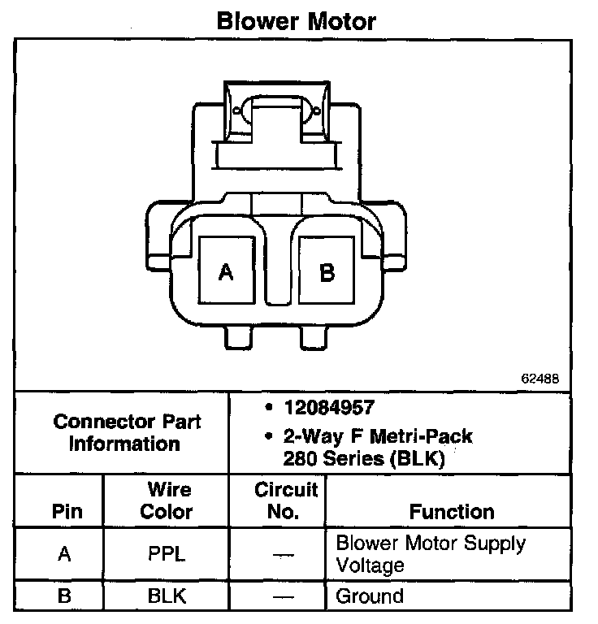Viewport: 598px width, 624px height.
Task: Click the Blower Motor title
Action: tap(296, 21)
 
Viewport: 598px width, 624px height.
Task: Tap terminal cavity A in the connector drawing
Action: tap(227, 271)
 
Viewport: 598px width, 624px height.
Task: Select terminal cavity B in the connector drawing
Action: tap(327, 271)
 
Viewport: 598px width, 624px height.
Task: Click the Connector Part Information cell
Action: tap(126, 432)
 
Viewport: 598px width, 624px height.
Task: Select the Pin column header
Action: tap(67, 512)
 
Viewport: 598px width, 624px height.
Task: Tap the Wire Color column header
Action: tap(167, 500)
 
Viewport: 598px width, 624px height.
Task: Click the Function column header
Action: tap(452, 512)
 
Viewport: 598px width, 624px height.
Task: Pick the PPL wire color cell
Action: tap(167, 555)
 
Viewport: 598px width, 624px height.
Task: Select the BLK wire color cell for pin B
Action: tap(167, 596)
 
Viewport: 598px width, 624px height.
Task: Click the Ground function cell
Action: tap(370, 596)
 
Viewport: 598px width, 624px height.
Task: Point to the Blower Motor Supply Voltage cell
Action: tap(431, 553)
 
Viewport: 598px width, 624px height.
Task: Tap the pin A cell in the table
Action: tap(65, 555)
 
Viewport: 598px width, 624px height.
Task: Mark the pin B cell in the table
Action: tap(65, 596)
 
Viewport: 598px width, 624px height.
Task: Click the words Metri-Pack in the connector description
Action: tap(424, 436)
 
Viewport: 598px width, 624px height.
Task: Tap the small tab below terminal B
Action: tap(314, 337)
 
